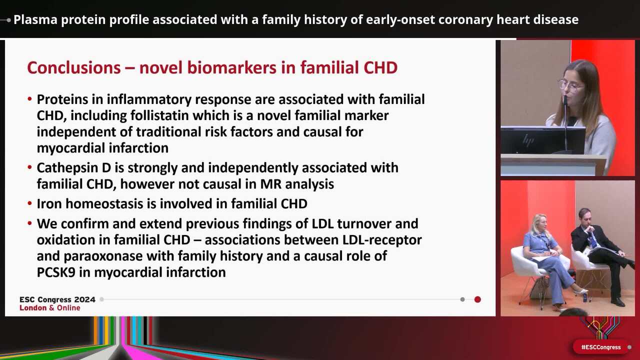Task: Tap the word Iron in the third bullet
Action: tap(49, 203)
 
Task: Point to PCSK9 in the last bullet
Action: tap(56, 272)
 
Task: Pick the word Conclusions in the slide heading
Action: tap(74, 67)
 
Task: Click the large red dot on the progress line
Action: tap(477, 299)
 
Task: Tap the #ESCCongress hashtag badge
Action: tap(601, 347)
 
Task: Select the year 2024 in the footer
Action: tap(85, 299)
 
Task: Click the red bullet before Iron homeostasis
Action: tap(29, 203)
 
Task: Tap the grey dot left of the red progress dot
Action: tap(462, 299)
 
